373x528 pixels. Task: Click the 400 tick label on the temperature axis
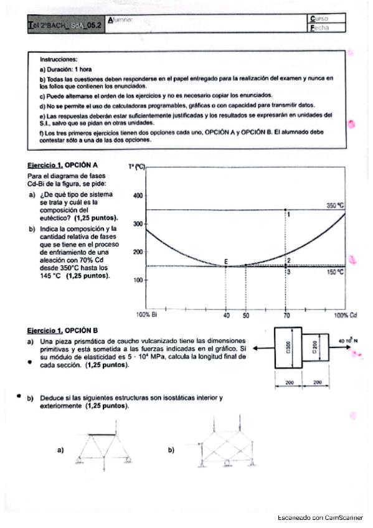138,196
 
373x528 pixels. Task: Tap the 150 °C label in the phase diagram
336,272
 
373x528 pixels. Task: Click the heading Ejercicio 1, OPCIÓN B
62,331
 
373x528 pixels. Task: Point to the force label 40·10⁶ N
348,341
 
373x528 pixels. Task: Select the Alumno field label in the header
120,21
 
